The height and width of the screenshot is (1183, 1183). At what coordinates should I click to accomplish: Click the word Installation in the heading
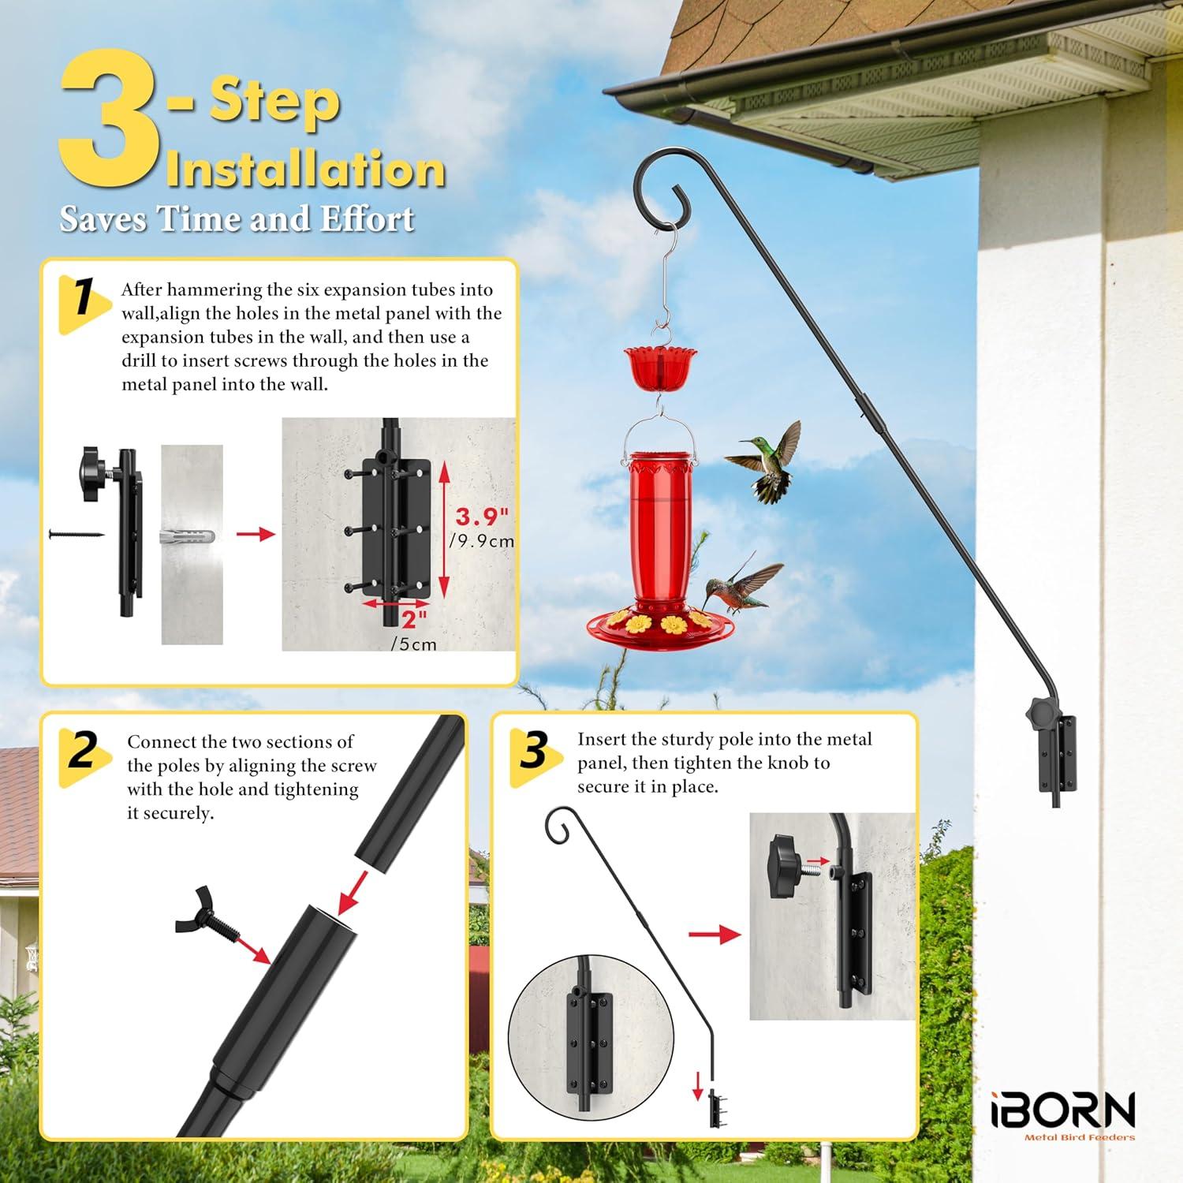pyautogui.click(x=305, y=170)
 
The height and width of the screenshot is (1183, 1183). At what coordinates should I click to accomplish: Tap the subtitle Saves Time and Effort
pyautogui.click(x=237, y=218)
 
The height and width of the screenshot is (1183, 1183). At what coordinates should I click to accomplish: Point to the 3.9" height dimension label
pyautogui.click(x=481, y=517)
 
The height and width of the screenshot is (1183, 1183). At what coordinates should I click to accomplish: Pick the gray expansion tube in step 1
pyautogui.click(x=187, y=536)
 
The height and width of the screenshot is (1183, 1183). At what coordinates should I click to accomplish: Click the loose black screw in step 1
pyautogui.click(x=77, y=534)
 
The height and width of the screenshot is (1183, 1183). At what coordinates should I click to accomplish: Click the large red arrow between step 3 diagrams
pyautogui.click(x=714, y=935)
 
